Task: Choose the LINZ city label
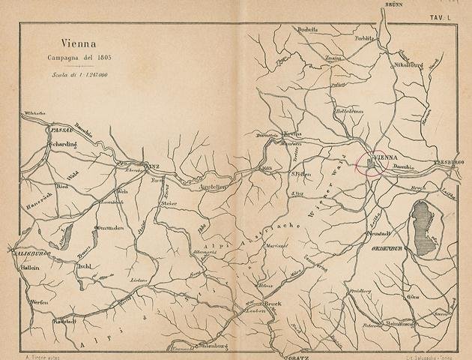pos(152,166)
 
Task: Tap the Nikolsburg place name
pos(408,64)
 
